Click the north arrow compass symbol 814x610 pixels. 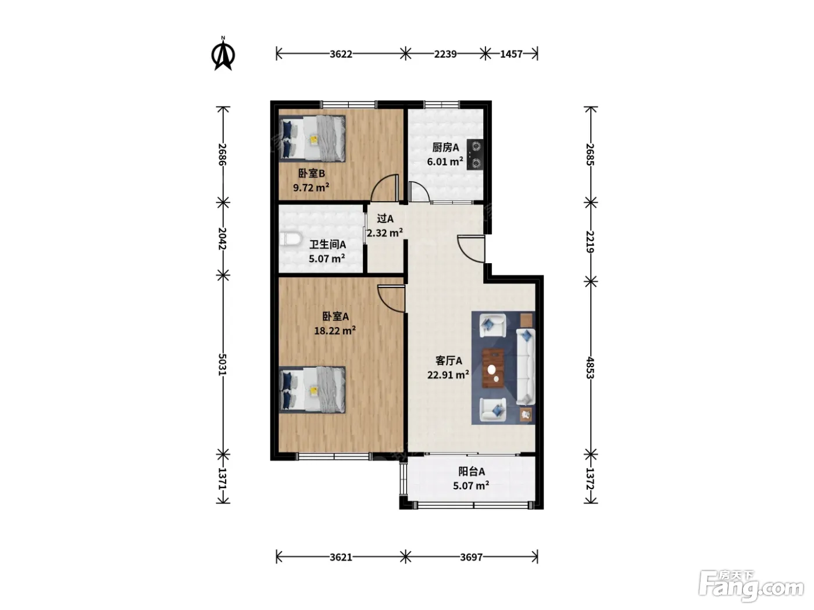[x=223, y=54]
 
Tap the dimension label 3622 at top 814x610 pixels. [x=341, y=54]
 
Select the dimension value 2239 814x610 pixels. [x=445, y=54]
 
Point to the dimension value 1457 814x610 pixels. [x=511, y=54]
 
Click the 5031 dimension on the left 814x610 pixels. [x=223, y=364]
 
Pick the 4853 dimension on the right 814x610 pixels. [x=590, y=368]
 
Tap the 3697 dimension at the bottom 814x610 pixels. [x=471, y=557]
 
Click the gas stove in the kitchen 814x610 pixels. [x=475, y=155]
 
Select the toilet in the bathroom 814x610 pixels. [x=289, y=239]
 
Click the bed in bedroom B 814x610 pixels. [x=312, y=138]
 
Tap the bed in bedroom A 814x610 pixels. [x=312, y=390]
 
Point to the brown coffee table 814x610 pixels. [x=493, y=368]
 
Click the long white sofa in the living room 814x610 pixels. [x=526, y=367]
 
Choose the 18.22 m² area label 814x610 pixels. [x=335, y=330]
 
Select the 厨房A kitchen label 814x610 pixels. [x=445, y=148]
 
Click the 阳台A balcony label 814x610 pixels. [x=472, y=472]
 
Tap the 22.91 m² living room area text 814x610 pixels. [x=448, y=375]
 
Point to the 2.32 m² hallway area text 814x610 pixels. [x=385, y=232]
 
